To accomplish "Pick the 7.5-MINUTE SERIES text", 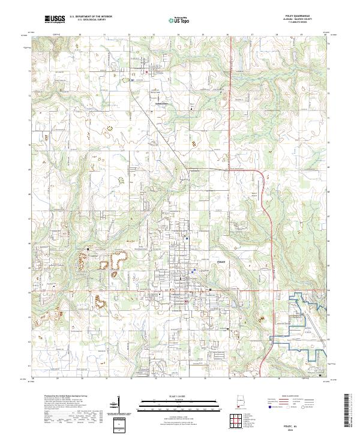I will pyautogui.click(x=302, y=23).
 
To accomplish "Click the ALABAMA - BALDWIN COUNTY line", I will pyautogui.click(x=302, y=20).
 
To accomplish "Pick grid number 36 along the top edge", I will pyautogui.click(x=228, y=35).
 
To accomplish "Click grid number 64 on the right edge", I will pyautogui.click(x=328, y=290).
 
